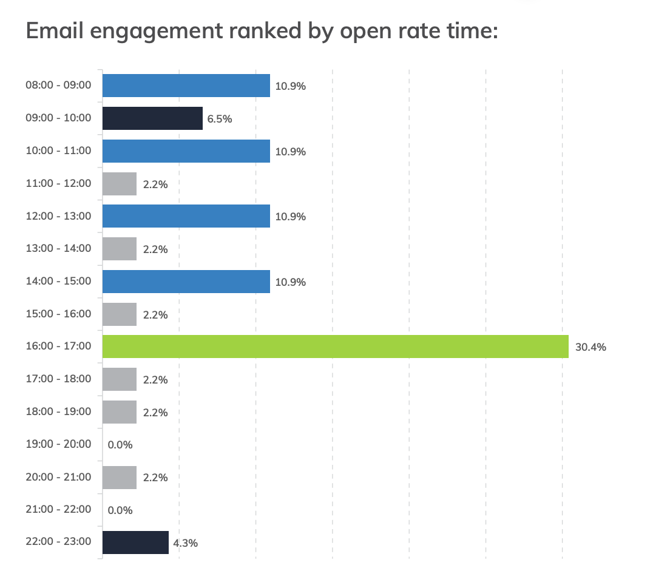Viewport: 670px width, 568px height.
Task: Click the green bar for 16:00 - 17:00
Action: point(335,347)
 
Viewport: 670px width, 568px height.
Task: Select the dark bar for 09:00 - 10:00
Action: point(152,118)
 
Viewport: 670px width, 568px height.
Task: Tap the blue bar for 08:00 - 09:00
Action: point(186,86)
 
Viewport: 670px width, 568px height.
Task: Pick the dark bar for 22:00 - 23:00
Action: point(135,543)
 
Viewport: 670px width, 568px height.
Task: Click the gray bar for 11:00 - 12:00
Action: point(120,184)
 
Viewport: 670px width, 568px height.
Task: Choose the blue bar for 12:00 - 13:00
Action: point(186,216)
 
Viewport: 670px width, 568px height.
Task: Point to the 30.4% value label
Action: point(590,348)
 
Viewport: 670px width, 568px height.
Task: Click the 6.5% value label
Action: point(220,119)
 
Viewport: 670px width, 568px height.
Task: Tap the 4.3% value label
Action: point(186,543)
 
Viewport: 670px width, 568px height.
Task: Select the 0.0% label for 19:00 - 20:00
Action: point(120,445)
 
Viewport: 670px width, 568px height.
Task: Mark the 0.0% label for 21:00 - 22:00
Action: point(120,510)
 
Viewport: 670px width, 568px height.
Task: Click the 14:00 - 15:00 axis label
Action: point(58,281)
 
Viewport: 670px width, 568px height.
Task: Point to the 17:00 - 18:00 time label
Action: point(58,379)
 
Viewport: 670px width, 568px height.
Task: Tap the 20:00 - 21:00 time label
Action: point(58,477)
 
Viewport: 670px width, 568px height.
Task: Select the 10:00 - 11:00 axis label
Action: point(58,150)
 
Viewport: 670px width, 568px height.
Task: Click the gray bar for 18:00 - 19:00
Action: point(120,412)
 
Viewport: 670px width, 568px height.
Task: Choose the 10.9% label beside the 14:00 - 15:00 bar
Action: point(291,282)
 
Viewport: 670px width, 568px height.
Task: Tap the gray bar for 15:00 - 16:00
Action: point(120,314)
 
